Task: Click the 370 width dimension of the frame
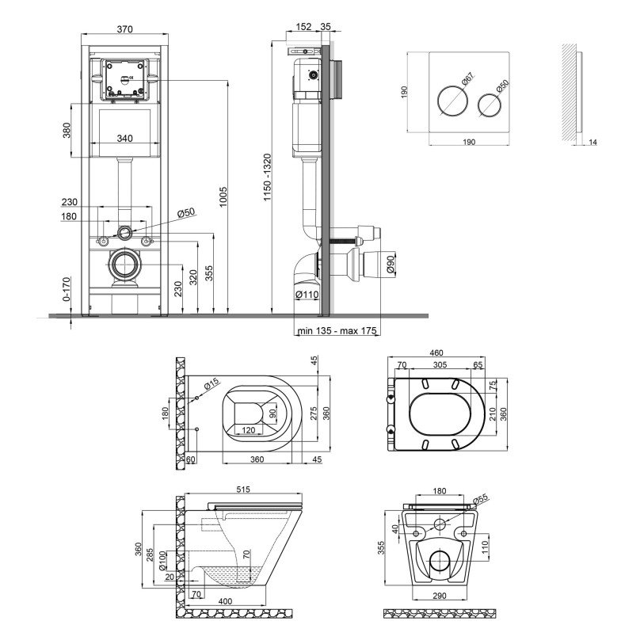point(125,29)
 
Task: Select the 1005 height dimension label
point(223,196)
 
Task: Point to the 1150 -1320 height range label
point(268,177)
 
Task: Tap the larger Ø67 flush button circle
point(452,102)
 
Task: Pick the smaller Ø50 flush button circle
point(490,105)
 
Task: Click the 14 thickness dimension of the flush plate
point(593,142)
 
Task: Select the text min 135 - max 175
point(337,330)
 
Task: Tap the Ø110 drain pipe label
point(307,294)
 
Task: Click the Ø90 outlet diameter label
point(391,264)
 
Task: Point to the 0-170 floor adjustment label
point(67,289)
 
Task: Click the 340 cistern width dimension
point(124,138)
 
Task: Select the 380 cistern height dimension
point(67,130)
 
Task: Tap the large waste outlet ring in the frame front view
point(124,264)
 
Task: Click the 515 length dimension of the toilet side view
point(243,490)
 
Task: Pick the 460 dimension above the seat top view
point(436,352)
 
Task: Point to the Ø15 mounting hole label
point(211,384)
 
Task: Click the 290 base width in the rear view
point(440,596)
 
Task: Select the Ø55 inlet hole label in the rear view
point(480,499)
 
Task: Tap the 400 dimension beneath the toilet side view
point(225,601)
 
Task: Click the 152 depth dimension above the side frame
point(303,26)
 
